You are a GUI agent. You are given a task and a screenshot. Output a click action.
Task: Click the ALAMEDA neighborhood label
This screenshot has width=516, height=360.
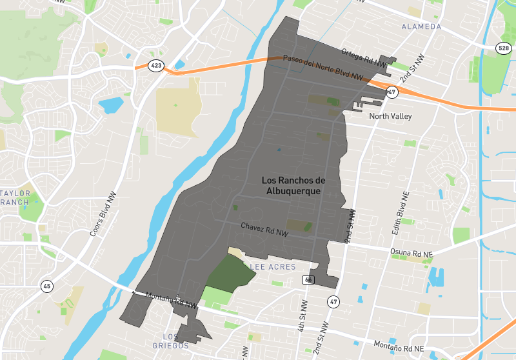421,26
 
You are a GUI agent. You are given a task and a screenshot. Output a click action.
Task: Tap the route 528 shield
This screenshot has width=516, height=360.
504,48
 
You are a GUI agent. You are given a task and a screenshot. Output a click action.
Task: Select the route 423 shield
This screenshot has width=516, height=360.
155,65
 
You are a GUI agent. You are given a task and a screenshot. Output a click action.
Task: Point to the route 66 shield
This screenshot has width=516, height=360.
308,279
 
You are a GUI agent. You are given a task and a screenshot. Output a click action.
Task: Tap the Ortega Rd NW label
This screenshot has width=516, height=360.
364,58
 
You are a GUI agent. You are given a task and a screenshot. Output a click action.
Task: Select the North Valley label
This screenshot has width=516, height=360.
390,117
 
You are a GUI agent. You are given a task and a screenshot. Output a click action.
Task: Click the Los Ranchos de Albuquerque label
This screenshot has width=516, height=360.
294,186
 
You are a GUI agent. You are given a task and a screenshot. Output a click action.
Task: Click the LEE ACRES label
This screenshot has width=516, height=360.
273,267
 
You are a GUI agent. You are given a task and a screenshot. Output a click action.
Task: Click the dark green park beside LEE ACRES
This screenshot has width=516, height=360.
231,270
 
